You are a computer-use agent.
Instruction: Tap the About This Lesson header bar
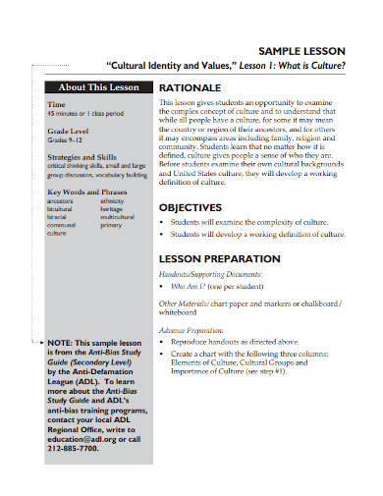98,86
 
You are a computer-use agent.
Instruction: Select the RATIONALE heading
192,87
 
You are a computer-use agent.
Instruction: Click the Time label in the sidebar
57,103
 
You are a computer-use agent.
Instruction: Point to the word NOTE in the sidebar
61,343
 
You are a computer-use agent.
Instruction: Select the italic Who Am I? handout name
189,289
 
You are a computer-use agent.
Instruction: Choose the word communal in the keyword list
62,225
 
